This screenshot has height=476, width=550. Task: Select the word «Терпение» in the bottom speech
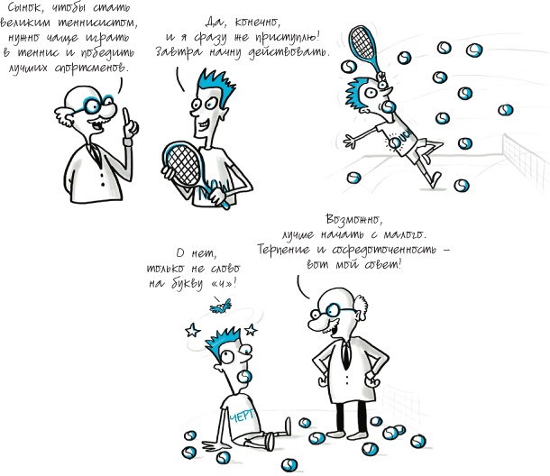(284, 250)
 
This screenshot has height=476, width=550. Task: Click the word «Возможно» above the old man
(353, 220)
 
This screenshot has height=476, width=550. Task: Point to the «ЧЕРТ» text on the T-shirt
(242, 416)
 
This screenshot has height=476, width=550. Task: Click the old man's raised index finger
(126, 115)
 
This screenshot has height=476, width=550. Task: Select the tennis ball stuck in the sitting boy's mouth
(244, 377)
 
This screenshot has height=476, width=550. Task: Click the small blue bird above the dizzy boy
(221, 306)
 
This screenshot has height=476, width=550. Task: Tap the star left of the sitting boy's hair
(193, 330)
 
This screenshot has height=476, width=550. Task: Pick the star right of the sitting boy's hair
(251, 330)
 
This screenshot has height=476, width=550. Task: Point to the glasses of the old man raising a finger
(97, 105)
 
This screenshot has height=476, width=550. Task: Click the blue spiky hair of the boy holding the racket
(216, 86)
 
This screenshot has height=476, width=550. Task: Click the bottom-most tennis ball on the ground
(289, 465)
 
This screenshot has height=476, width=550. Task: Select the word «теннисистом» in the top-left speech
(96, 23)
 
